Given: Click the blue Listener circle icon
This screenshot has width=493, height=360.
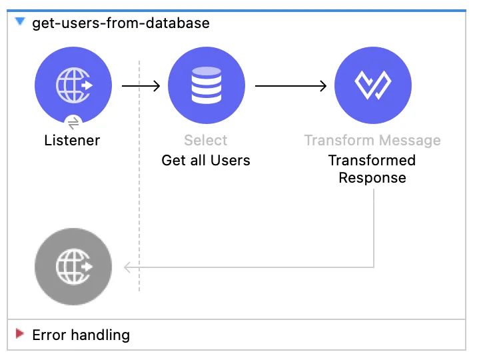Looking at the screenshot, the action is coord(73,85).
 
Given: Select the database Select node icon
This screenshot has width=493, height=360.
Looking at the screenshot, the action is coord(207,85).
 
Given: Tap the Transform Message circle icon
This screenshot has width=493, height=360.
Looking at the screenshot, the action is coord(373,85).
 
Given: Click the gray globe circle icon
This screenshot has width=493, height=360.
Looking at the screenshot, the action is coord(73,267).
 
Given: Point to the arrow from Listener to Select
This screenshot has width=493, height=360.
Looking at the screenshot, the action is coord(141,86).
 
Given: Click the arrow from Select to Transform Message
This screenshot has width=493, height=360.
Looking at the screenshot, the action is coord(291,86).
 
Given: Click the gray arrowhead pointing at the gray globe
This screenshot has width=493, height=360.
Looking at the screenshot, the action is coord(127,267).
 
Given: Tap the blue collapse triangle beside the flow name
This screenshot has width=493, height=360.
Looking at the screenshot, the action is coord(20,21).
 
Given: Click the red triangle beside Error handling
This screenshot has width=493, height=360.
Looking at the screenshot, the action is coord(20,333).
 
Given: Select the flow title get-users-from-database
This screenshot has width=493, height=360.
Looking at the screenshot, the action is coord(121,23).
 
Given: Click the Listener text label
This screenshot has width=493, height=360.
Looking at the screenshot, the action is coord(72,141).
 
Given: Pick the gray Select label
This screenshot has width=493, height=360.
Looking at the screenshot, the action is coord(206,141).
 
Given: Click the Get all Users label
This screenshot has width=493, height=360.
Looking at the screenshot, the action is coord(206,161).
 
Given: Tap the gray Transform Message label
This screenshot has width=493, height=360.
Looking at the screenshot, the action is coord(372,141).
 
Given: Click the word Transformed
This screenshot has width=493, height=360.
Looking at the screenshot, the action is coord(372,161).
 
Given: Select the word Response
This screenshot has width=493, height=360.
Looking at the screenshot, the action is coord(372,178).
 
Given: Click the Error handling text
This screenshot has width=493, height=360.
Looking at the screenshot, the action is coord(81,335).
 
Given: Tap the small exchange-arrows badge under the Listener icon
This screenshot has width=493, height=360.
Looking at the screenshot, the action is coord(73,123).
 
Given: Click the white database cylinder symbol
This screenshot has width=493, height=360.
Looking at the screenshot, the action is coord(207,85).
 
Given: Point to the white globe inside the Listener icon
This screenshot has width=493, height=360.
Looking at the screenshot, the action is coord(73,85).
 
